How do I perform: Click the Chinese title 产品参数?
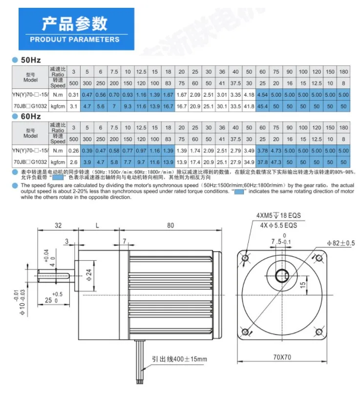[x=74, y=23]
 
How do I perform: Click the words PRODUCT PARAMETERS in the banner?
[x=74, y=39]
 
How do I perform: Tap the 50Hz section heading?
[x=30, y=61]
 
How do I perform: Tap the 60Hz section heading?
[x=30, y=117]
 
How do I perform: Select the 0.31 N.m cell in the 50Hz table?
[x=74, y=93]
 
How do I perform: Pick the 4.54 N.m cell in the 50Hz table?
[x=263, y=93]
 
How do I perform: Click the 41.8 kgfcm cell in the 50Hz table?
[x=249, y=105]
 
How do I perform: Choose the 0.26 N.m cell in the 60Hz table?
[x=74, y=150]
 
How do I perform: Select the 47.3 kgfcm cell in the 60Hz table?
[x=276, y=162]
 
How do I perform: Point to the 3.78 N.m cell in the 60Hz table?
[x=263, y=150]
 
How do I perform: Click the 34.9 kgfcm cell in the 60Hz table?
[x=249, y=162]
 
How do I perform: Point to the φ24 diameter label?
[x=88, y=274]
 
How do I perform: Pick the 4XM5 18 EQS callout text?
[x=276, y=215]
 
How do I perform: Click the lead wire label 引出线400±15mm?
[x=179, y=359]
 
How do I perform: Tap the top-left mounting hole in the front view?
[x=246, y=257]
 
